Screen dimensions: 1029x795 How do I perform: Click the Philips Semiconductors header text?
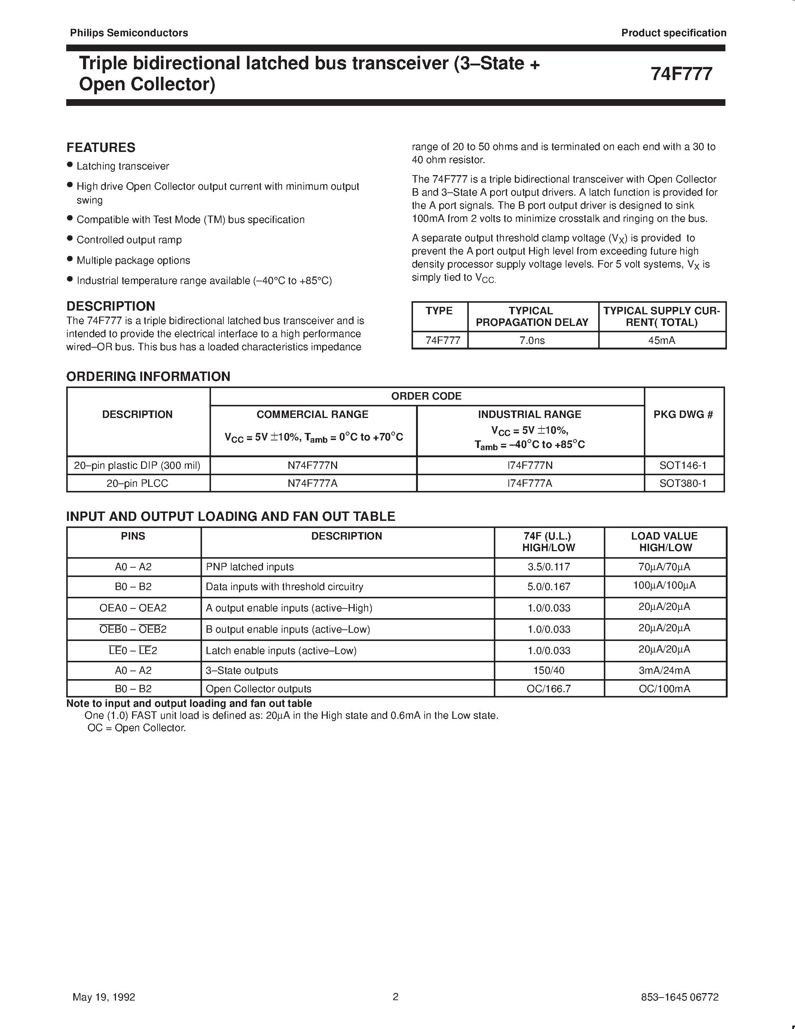coord(129,33)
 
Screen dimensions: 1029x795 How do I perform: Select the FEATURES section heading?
coord(101,147)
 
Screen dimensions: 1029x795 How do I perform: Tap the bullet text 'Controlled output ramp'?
coord(129,240)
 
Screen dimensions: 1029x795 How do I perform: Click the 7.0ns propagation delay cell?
coord(532,340)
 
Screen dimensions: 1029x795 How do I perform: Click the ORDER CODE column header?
coord(426,396)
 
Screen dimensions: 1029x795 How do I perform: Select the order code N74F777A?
coord(312,483)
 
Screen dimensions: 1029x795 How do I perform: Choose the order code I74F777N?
coord(529,465)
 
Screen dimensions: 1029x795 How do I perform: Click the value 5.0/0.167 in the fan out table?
coord(549,587)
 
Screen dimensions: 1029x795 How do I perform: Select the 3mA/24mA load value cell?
coord(664,671)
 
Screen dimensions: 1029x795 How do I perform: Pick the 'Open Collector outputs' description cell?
coord(259,689)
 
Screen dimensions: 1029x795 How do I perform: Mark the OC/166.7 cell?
coord(549,689)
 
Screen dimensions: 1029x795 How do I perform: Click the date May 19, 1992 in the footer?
coord(104,997)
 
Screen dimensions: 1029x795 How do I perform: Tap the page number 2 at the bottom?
coord(395,996)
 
